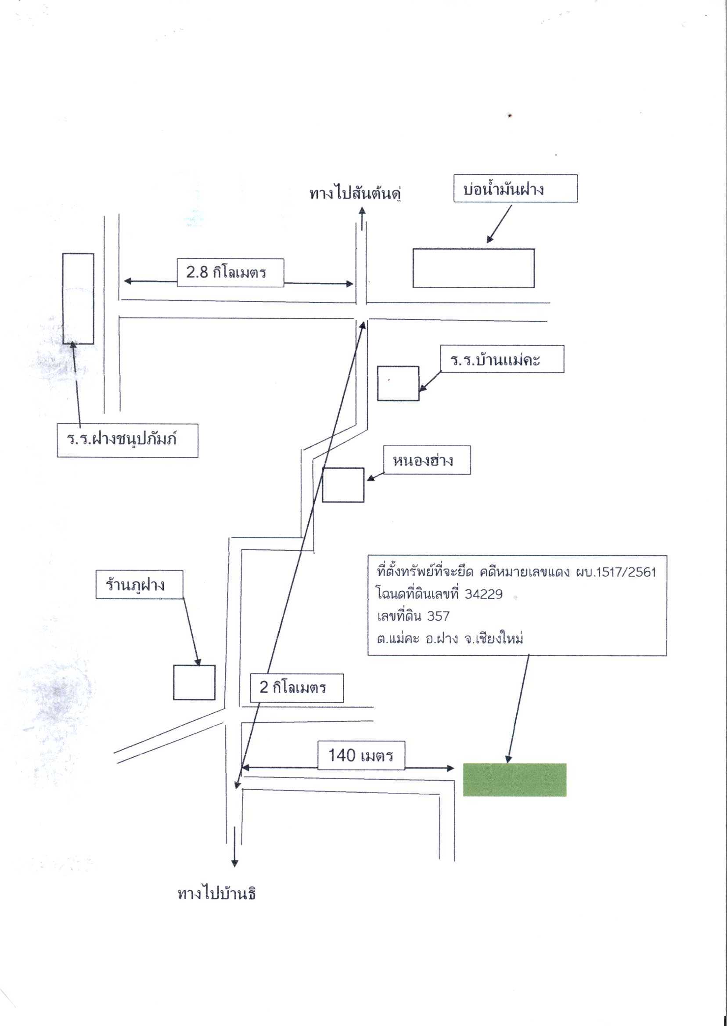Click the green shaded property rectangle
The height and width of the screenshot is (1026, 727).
click(515, 780)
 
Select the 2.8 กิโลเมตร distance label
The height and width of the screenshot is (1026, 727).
click(226, 272)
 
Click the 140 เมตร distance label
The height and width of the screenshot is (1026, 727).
click(361, 755)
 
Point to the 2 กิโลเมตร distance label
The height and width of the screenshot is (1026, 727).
click(293, 687)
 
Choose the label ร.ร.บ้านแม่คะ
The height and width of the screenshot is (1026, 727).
click(495, 360)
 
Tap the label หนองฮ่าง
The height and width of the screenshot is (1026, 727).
click(423, 460)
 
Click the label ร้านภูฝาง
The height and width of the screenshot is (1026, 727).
click(135, 585)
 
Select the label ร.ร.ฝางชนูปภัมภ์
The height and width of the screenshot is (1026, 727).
click(122, 439)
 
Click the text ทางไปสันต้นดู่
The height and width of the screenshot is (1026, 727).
click(355, 193)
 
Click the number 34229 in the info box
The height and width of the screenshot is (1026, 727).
click(483, 594)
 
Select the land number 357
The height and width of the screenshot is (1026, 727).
click(438, 616)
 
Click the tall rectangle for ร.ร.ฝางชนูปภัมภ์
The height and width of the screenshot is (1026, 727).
click(78, 299)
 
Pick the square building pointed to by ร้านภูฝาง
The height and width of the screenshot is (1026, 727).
click(194, 683)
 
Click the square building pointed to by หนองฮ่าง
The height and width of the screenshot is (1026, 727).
click(343, 485)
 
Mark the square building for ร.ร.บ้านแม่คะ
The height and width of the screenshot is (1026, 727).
click(399, 383)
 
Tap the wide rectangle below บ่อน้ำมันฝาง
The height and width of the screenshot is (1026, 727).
click(474, 268)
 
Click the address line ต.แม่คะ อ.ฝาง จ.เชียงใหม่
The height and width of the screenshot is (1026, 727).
click(450, 638)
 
